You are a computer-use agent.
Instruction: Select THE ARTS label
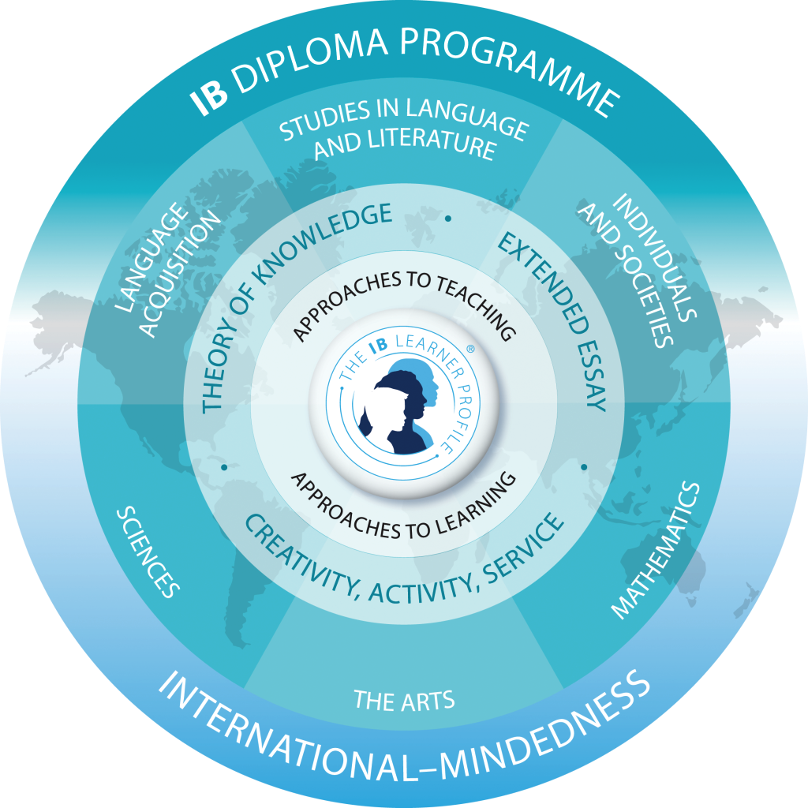pyautogui.click(x=404, y=700)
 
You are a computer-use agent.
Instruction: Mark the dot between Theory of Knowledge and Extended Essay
pyautogui.click(x=448, y=217)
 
